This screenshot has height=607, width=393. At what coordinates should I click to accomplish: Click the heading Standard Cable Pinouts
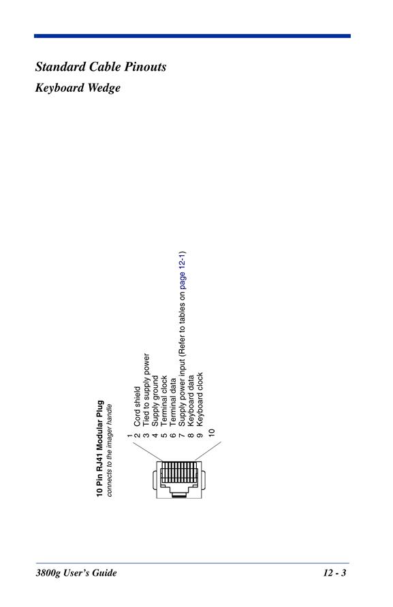coord(101,67)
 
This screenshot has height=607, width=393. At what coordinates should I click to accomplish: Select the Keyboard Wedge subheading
coord(78,88)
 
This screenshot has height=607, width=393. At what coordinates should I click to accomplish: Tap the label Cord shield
coord(137,407)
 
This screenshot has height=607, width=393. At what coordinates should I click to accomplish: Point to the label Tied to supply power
coord(146,390)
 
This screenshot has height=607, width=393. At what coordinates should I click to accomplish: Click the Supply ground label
coord(155,401)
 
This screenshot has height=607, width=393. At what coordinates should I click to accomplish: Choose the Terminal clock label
coord(164,401)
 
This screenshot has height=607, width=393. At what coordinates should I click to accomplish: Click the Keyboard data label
coord(191,401)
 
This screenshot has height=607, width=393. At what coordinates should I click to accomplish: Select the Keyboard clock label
coord(200,399)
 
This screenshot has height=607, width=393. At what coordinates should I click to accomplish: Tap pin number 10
coord(211,432)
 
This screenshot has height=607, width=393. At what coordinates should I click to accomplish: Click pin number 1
coord(129,436)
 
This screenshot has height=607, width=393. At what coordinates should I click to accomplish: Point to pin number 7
coord(182,435)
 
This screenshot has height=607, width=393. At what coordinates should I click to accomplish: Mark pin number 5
coord(164,435)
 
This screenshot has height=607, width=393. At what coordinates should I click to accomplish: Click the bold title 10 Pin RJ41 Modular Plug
coord(100,448)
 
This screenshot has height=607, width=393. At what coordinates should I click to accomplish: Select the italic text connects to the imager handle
coord(109,450)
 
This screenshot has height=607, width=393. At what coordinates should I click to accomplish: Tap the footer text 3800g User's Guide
coord(76,573)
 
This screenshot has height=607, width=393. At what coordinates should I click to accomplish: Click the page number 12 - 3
coord(334,573)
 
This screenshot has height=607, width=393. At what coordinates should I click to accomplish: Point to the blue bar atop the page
coord(192,36)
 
